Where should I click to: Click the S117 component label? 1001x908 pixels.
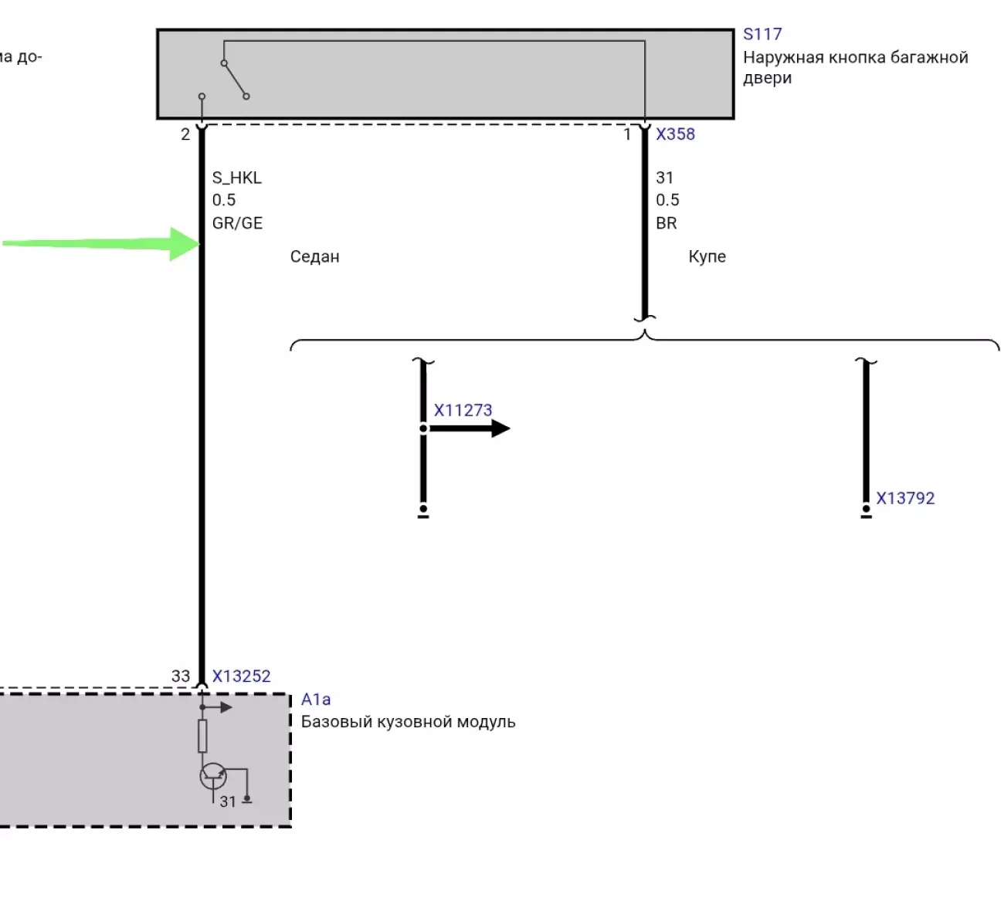click(x=762, y=35)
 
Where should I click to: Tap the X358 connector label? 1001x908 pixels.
click(x=675, y=134)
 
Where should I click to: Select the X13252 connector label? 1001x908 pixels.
click(x=241, y=676)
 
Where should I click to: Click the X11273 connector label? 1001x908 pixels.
click(x=463, y=410)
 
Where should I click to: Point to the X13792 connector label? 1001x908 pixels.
click(x=905, y=499)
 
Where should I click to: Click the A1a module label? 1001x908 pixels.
click(x=316, y=700)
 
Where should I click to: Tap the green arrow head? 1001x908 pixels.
click(x=185, y=244)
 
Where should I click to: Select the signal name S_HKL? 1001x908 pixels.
click(x=237, y=178)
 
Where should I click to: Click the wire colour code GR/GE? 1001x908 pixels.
click(x=237, y=223)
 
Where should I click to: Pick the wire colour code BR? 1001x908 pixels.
click(x=666, y=223)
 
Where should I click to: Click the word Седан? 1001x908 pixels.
click(x=314, y=257)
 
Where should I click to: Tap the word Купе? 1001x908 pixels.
click(x=707, y=257)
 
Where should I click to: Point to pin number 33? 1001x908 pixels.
click(x=181, y=676)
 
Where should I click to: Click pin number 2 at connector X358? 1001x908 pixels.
click(x=185, y=134)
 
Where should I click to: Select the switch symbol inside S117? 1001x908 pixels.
click(x=235, y=80)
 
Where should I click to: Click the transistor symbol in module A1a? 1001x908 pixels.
click(x=213, y=776)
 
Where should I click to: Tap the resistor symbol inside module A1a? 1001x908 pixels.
click(x=202, y=736)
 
